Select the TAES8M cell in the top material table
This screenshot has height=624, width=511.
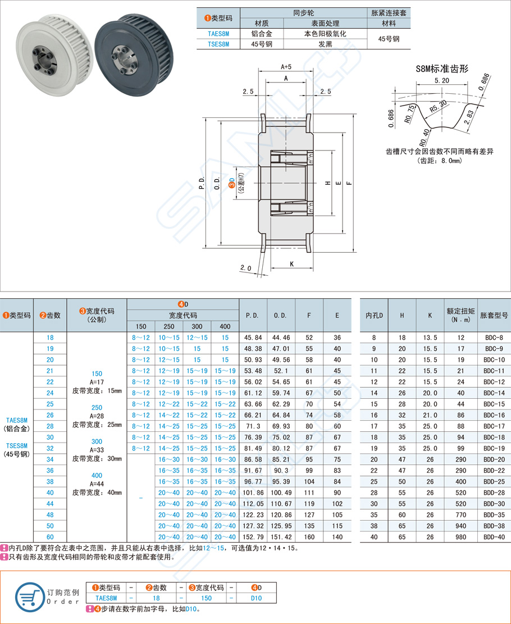(218, 34)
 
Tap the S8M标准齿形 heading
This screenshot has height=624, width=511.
(441, 69)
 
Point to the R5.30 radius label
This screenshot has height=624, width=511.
(438, 104)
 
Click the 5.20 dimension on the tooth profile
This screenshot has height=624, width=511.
(441, 80)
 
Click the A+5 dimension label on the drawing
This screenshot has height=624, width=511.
(285, 66)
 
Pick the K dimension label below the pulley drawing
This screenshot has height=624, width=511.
(292, 263)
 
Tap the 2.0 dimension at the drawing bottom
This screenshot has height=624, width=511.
(245, 268)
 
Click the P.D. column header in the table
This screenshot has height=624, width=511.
(253, 316)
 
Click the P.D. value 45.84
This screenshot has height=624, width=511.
(253, 338)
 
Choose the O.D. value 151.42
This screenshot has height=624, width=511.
(281, 536)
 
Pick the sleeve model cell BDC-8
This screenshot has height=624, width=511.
(493, 338)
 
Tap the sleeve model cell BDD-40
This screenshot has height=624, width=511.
(493, 536)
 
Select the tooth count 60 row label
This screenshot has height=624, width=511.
(50, 536)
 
